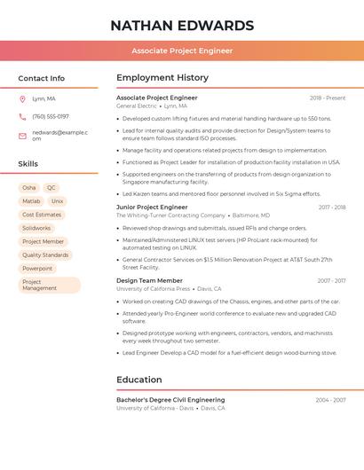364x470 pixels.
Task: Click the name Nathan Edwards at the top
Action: pyautogui.click(x=182, y=26)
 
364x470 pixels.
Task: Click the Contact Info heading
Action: pyautogui.click(x=42, y=78)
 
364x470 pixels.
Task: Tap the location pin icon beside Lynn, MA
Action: pyautogui.click(x=22, y=98)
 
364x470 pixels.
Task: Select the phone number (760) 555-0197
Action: pyautogui.click(x=51, y=116)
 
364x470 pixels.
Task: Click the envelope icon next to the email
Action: pyautogui.click(x=22, y=136)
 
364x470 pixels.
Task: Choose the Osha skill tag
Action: pyautogui.click(x=29, y=188)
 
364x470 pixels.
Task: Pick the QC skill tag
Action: pyautogui.click(x=51, y=188)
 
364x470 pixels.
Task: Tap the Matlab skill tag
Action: pyautogui.click(x=31, y=201)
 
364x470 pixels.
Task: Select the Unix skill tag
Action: pyautogui.click(x=58, y=201)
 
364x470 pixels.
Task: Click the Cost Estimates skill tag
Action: pyautogui.click(x=42, y=215)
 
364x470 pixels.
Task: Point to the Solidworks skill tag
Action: pyautogui.click(x=36, y=228)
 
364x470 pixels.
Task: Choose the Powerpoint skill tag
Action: pyautogui.click(x=37, y=268)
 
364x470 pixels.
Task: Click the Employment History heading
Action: pyautogui.click(x=162, y=78)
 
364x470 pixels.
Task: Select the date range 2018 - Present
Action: pyautogui.click(x=328, y=98)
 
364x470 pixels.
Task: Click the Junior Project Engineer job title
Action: pyautogui.click(x=152, y=207)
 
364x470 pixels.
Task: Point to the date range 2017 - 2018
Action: pyautogui.click(x=332, y=208)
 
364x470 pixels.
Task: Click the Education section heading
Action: pyautogui.click(x=138, y=380)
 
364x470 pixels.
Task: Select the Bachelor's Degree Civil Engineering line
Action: pyautogui.click(x=170, y=400)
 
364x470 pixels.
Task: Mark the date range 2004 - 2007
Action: pyautogui.click(x=330, y=400)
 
